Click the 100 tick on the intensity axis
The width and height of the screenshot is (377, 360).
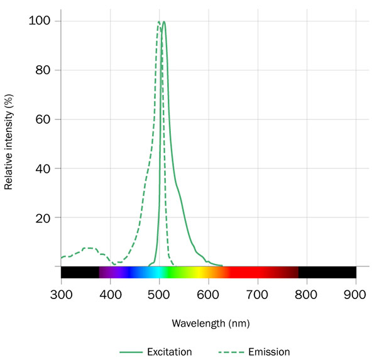tap(40, 21)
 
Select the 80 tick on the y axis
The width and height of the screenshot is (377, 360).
tap(43, 70)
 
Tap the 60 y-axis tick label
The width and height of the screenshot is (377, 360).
tap(43, 119)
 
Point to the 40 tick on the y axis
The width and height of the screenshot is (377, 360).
tap(43, 168)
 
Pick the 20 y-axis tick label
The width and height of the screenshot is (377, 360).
tap(43, 217)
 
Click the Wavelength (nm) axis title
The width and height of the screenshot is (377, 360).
tap(208, 323)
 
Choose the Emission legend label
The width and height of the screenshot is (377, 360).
tap(269, 352)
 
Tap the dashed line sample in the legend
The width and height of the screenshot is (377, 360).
tap(229, 352)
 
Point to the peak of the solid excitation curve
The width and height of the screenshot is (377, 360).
tap(164, 22)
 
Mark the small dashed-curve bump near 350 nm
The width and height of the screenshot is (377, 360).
tap(88, 248)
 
